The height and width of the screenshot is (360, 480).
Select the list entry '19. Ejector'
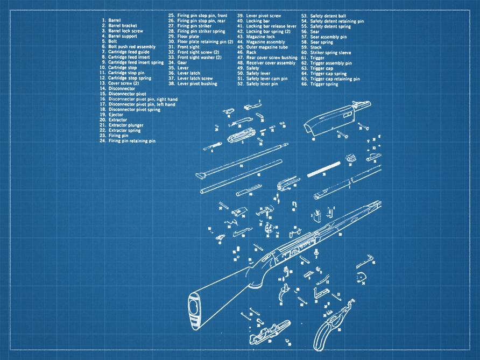tap(116, 115)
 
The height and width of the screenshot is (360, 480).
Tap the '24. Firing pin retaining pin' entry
tap(132, 141)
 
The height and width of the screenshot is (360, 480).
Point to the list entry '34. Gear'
tap(182, 62)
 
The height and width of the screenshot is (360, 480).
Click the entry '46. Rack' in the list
tap(251, 52)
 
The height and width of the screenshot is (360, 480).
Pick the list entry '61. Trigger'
tap(317, 58)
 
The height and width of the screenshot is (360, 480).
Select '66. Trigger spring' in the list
tap(324, 84)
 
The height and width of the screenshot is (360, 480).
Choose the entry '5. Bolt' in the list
tap(112, 41)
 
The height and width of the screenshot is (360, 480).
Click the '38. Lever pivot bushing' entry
tap(197, 84)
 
